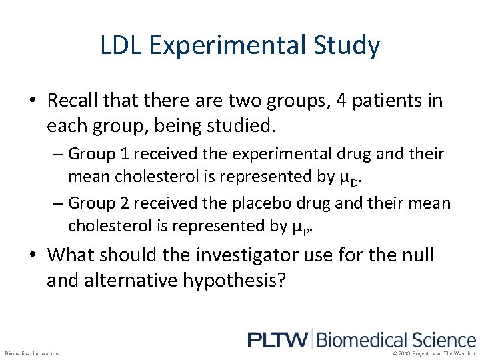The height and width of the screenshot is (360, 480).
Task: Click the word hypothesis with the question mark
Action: click(x=241, y=281)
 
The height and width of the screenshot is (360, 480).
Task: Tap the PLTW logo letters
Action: click(x=278, y=340)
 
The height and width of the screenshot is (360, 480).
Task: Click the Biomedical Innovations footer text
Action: click(x=32, y=353)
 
